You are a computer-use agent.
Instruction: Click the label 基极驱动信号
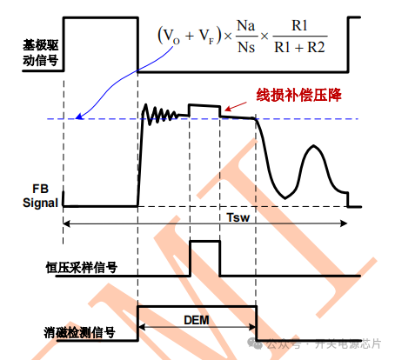point(41,53)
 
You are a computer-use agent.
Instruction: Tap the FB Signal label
point(40,196)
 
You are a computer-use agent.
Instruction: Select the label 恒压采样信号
point(82,267)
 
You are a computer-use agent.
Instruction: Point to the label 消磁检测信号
point(79,332)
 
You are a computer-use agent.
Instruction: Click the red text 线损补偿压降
point(298,95)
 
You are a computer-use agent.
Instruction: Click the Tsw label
point(238,217)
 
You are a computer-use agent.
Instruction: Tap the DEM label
point(197,320)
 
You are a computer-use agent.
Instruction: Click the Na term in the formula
point(246,26)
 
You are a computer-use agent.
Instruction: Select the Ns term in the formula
point(246,47)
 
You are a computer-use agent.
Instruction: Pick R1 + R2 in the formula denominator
point(299,47)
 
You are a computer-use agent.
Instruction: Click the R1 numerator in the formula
point(299,25)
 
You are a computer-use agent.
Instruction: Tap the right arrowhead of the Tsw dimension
point(344,223)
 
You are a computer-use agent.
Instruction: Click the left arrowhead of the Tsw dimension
point(67,223)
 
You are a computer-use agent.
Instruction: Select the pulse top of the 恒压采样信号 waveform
point(204,241)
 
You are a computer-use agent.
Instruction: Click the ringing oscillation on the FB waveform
point(160,114)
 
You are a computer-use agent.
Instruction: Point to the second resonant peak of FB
point(313,145)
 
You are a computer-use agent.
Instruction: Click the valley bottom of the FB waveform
point(285,197)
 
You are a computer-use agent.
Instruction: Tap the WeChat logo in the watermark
point(255,343)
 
